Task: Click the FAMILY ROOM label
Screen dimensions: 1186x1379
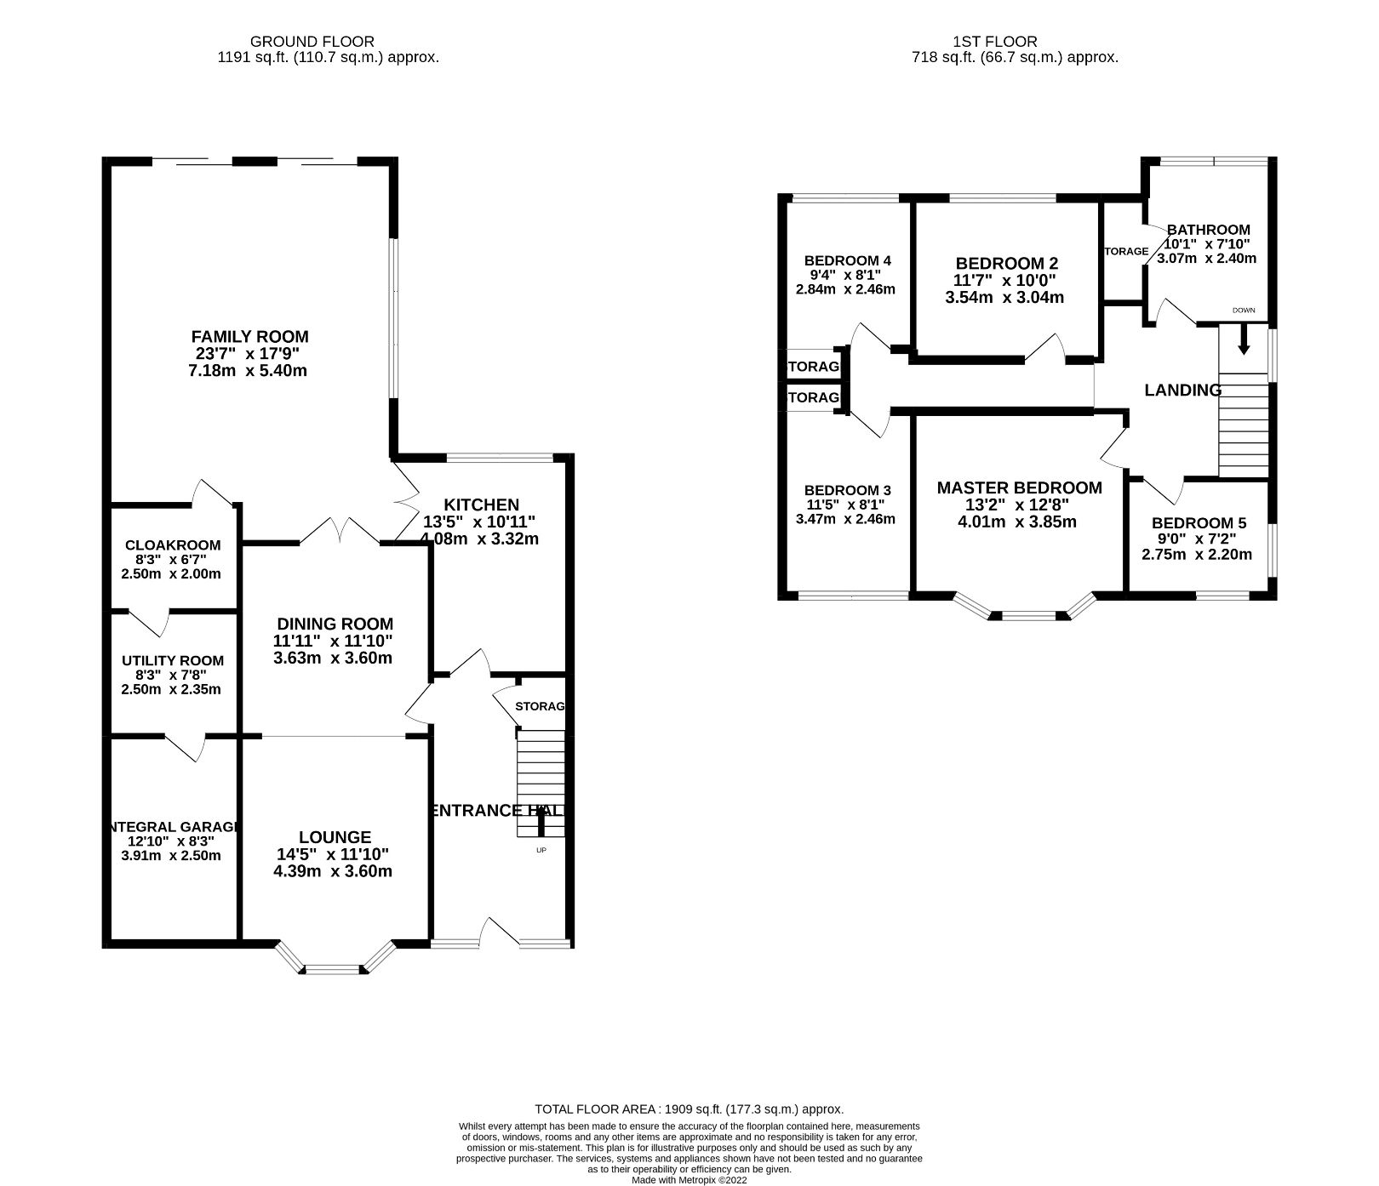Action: point(249,337)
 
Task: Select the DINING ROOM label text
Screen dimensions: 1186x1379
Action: point(335,624)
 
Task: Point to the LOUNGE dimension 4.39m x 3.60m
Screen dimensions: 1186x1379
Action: point(335,871)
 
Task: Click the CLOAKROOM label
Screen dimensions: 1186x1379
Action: point(173,545)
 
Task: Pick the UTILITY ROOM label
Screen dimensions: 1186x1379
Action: point(173,660)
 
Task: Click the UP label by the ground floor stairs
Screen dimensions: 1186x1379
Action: point(541,850)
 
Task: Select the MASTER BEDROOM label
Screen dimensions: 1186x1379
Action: point(1019,488)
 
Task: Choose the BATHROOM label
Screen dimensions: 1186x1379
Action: point(1208,229)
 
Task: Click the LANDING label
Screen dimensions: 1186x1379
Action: point(1182,391)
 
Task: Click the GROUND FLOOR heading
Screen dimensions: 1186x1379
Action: point(312,41)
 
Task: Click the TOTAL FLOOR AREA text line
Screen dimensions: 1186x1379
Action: point(689,1109)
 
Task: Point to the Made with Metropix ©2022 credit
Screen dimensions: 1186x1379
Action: point(689,1180)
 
